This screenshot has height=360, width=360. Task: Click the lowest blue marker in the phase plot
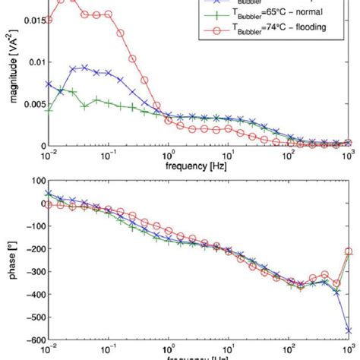349,330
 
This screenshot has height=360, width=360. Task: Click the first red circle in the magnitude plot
49,20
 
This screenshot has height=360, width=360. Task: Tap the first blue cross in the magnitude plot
49,84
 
